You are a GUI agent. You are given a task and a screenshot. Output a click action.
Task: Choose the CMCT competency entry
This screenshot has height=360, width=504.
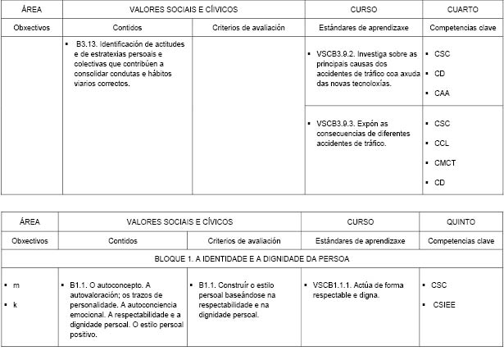445,162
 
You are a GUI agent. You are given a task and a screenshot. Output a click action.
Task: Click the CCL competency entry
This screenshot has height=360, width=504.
443,143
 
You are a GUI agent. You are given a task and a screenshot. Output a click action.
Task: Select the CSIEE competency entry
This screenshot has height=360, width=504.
445,304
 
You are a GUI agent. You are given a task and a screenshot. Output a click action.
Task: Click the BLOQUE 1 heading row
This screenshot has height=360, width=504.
252,259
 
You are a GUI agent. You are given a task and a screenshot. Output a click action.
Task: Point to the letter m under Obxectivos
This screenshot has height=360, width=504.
16,285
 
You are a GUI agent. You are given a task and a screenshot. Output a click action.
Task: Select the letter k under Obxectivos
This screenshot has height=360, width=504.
16,304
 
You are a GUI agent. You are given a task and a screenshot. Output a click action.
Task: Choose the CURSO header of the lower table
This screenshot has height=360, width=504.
361,221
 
